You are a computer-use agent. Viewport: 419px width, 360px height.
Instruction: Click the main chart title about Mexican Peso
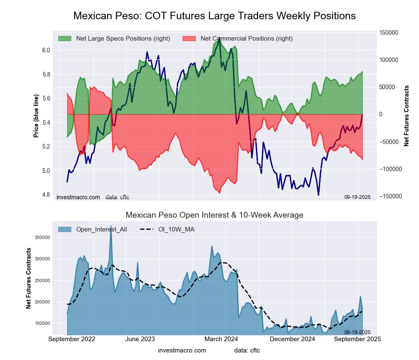tap(215, 16)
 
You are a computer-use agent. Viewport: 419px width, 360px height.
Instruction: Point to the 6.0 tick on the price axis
tap(46, 50)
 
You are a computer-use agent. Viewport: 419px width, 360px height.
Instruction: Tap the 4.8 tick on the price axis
tap(46, 195)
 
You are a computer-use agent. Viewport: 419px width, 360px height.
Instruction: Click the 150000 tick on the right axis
tap(389, 33)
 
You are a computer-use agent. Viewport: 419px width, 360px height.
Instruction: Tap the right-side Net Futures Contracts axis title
tap(406, 116)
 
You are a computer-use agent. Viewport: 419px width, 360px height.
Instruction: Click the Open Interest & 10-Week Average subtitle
tap(215, 215)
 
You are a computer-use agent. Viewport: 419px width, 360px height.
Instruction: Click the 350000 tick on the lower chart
tap(54, 237)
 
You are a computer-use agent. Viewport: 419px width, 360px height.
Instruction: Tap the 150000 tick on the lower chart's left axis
tap(54, 324)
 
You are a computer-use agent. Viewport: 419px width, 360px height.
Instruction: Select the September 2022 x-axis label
tap(72, 339)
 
